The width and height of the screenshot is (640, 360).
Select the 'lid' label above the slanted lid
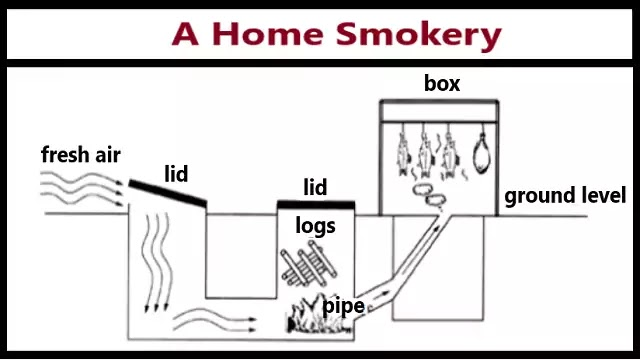click(176, 175)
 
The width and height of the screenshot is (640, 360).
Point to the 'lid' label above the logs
click(315, 186)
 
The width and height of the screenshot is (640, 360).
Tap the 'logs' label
click(315, 226)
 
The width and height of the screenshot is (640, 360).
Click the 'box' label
click(441, 84)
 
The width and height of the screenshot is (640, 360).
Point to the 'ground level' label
click(565, 195)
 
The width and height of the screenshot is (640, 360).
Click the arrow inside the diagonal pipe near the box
click(433, 230)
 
